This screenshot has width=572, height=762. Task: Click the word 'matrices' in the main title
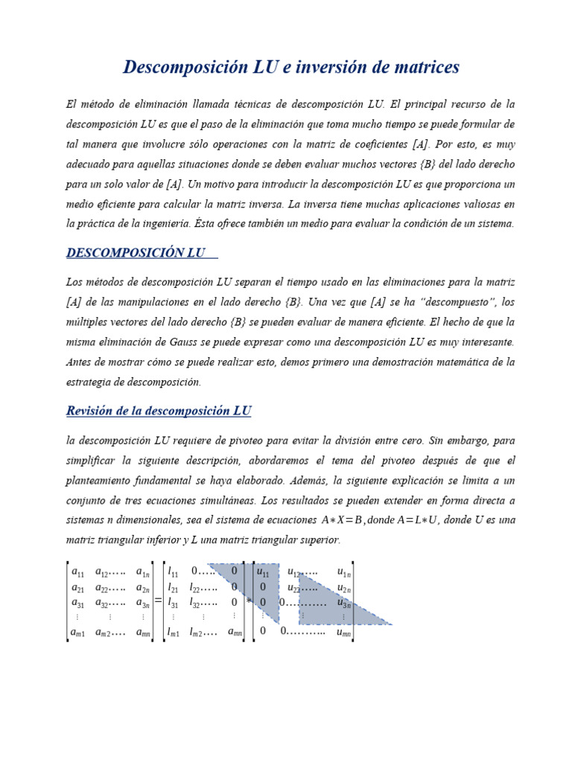tap(421, 68)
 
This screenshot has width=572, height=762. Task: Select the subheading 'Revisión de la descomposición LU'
tap(159, 411)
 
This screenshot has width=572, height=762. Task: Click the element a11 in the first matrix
tap(77, 572)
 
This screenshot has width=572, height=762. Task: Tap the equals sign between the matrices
tap(158, 601)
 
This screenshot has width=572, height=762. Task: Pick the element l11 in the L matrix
tap(174, 572)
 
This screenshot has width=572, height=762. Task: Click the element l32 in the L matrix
tap(196, 602)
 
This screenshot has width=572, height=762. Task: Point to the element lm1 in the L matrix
tap(174, 632)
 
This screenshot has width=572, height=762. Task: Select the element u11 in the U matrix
tap(263, 572)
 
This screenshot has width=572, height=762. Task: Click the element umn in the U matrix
tap(343, 632)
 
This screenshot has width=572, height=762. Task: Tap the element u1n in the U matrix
tap(343, 572)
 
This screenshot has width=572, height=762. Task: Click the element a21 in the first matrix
tap(77, 587)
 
